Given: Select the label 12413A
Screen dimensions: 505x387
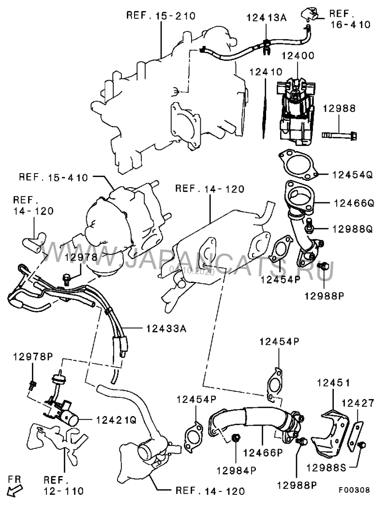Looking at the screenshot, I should tap(267, 18).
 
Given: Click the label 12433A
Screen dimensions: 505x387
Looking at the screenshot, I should tap(165, 328).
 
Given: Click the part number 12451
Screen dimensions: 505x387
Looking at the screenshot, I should tap(333, 382).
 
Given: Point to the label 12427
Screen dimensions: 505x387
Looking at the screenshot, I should tap(357, 402).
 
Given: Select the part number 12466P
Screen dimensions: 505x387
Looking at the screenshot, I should tap(263, 453).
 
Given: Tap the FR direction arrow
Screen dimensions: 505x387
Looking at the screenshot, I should tap(15, 489).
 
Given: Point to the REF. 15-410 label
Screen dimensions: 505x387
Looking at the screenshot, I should tap(54, 177).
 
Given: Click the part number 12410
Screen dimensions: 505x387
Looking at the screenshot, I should tap(266, 72).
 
